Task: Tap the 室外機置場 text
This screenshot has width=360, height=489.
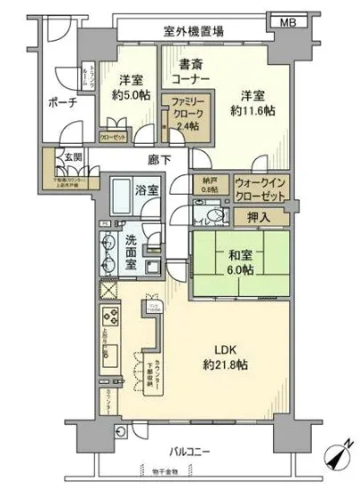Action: (x=193, y=31)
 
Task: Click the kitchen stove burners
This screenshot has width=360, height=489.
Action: (x=112, y=316)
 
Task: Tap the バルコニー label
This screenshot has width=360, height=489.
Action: (x=185, y=451)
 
